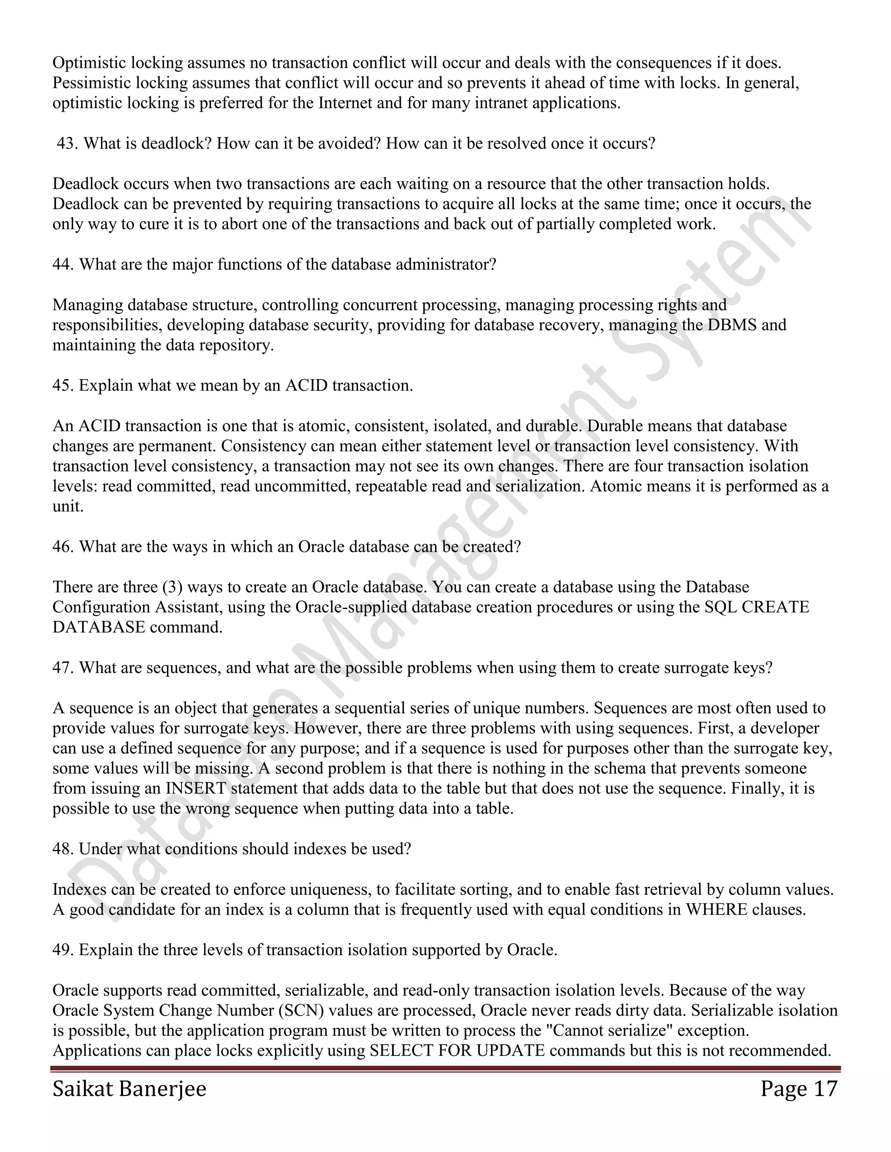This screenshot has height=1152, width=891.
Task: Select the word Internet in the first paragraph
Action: point(344,103)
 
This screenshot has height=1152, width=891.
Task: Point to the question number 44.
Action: point(63,264)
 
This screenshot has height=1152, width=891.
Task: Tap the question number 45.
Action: point(63,386)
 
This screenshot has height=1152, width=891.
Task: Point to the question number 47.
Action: point(63,668)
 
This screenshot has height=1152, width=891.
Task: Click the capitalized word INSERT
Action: point(196,789)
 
